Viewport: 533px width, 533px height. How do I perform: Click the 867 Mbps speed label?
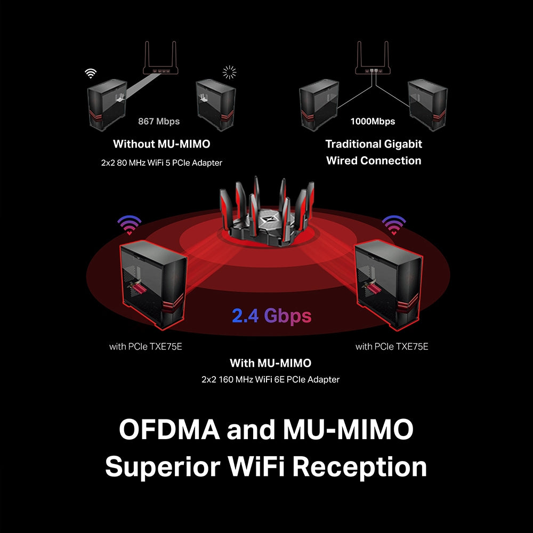point(159,122)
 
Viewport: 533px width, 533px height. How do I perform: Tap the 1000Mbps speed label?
point(373,122)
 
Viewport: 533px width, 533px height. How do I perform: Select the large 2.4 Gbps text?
point(271,316)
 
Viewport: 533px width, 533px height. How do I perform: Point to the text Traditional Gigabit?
point(374,144)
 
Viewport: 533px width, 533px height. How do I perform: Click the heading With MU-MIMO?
point(270,363)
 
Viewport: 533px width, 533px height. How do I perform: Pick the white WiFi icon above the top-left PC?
point(92,74)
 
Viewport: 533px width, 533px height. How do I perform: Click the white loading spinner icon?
point(229,72)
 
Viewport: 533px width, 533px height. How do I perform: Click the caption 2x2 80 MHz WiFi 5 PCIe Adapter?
point(161,163)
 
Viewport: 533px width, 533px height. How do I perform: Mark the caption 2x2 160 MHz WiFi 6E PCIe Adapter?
point(270,379)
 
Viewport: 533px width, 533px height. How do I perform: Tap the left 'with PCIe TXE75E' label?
point(146,346)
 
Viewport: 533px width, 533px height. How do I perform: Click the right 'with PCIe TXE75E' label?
point(392,346)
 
